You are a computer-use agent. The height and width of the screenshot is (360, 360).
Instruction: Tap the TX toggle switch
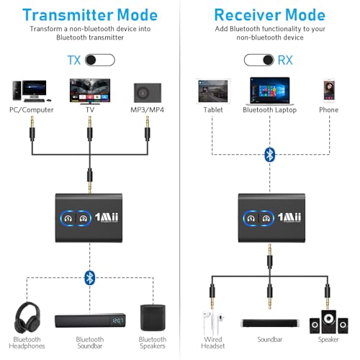(100, 60)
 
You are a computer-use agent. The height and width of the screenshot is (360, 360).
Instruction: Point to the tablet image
(209, 90)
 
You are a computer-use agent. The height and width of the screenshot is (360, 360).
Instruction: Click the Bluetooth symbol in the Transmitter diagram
(89, 276)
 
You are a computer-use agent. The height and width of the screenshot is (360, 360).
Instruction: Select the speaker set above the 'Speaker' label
(329, 320)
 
